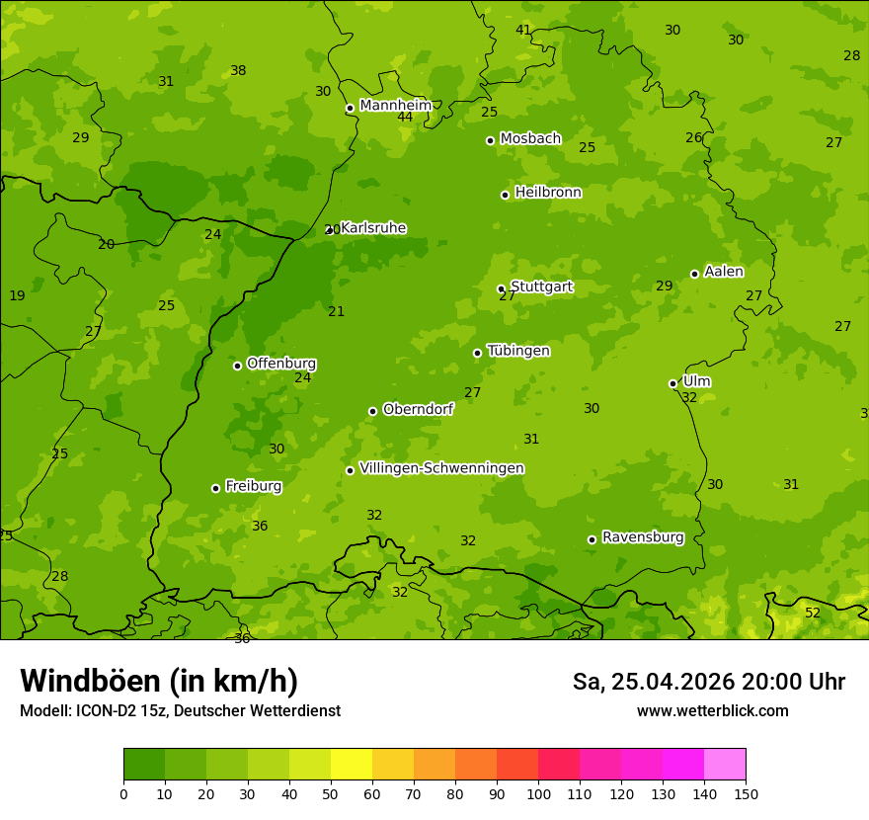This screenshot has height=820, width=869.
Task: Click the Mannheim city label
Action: coord(395,106)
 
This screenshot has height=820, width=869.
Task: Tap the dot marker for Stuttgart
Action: coord(501,288)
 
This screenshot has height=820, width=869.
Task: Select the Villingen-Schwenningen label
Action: coord(441,468)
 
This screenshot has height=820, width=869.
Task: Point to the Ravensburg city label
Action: coord(643,537)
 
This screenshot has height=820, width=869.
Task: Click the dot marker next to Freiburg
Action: coord(215,488)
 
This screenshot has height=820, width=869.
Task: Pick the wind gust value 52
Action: coord(813,613)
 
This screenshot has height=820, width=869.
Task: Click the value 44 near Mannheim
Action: coord(405,118)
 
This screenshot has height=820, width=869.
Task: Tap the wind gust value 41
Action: coord(523,30)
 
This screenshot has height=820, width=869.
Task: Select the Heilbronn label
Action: coord(548,193)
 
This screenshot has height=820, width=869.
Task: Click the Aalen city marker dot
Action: coord(694,274)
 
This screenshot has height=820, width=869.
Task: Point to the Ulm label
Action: coord(696,381)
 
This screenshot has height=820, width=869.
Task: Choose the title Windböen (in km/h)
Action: coord(159,681)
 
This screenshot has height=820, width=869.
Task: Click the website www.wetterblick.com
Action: coord(712,710)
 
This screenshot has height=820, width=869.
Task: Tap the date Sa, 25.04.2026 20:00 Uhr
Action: coord(708,682)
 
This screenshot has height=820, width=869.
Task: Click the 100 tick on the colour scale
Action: coord(538,793)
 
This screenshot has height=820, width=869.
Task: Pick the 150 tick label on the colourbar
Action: coord(746,793)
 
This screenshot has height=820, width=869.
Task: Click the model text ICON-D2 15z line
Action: coord(180,710)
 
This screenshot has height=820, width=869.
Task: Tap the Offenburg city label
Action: coord(281,364)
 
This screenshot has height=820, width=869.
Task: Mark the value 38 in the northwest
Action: coord(238,70)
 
